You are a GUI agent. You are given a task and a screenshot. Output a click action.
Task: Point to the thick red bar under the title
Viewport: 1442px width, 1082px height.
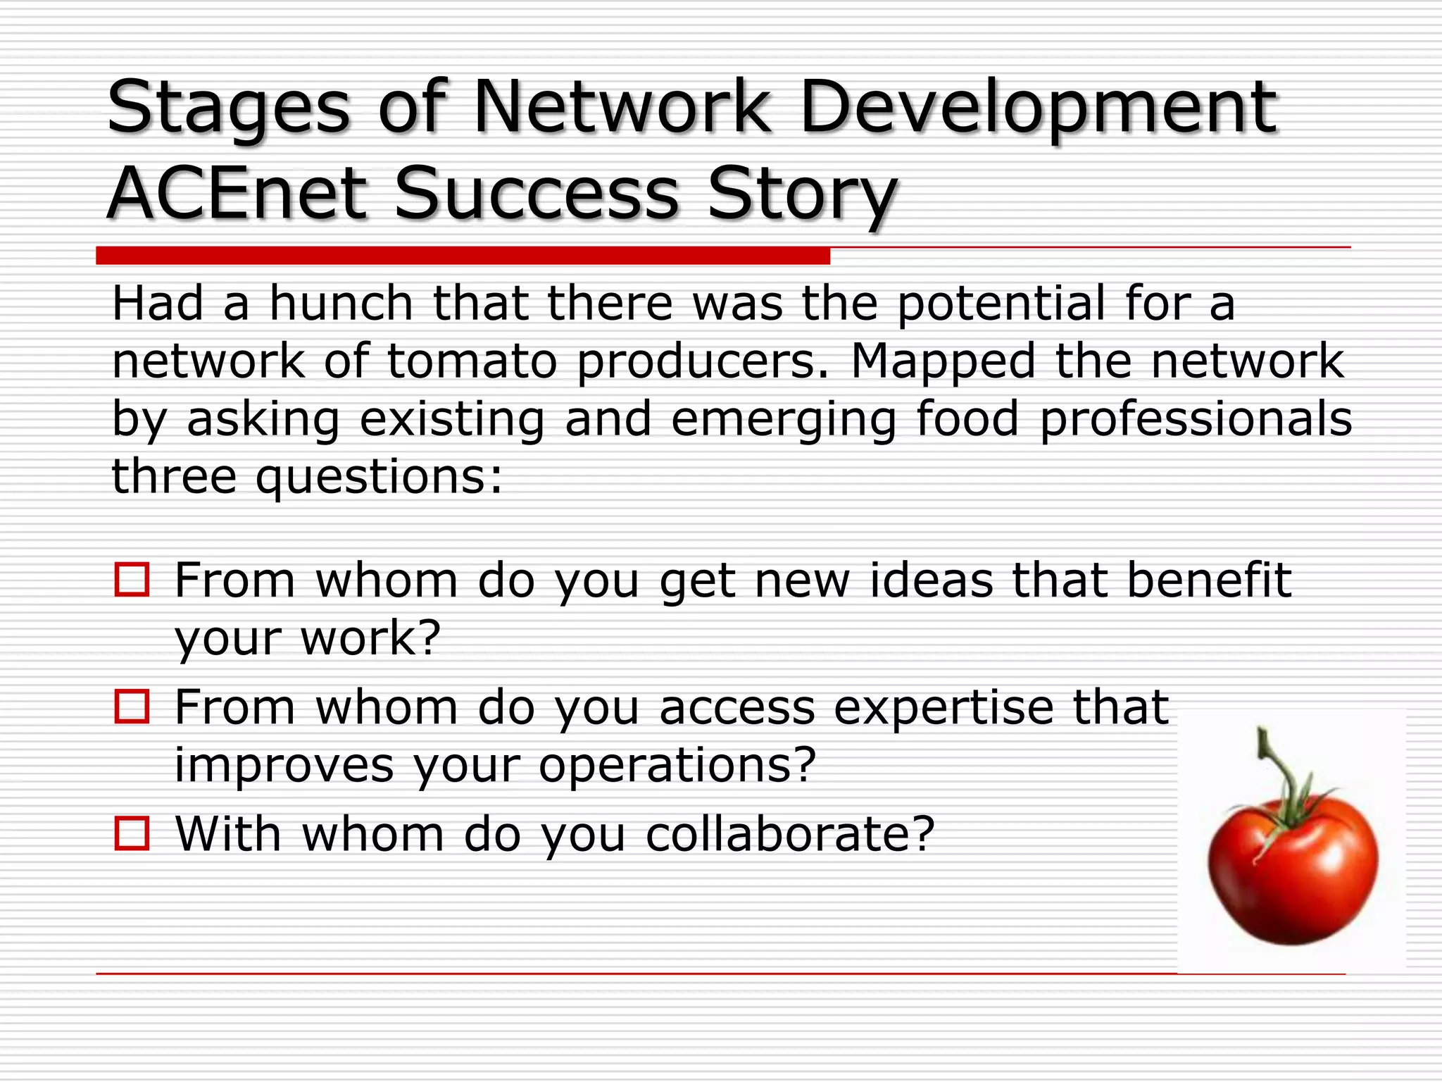pyautogui.click(x=463, y=256)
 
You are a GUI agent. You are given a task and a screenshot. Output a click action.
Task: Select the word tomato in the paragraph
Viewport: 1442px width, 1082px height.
pyautogui.click(x=472, y=361)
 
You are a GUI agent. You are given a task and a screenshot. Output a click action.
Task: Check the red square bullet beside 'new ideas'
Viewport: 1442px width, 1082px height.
pyautogui.click(x=132, y=580)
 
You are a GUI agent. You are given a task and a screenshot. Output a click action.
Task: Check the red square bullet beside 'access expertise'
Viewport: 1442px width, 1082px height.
pyautogui.click(x=132, y=707)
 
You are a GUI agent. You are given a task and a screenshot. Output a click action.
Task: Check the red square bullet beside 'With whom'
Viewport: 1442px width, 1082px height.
pyautogui.click(x=132, y=833)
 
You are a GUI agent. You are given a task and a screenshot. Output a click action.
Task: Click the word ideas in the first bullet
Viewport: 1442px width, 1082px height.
pyautogui.click(x=932, y=580)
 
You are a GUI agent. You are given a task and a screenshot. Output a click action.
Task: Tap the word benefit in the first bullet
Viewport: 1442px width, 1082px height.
pyautogui.click(x=1209, y=580)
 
